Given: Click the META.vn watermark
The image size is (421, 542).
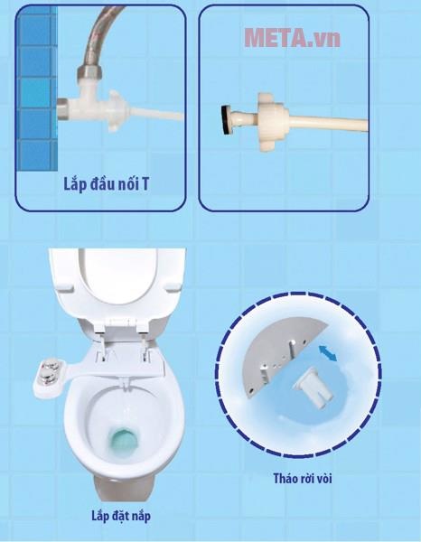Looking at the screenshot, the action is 293,38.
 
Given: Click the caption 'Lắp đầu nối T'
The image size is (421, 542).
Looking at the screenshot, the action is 106,184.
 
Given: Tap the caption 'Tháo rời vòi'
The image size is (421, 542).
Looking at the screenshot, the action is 303,479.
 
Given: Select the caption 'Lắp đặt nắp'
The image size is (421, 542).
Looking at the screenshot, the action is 121,516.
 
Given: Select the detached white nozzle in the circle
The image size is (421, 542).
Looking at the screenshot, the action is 313,388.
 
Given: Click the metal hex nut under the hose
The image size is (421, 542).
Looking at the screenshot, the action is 89,72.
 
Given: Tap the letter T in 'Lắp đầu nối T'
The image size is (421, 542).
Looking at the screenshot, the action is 145,184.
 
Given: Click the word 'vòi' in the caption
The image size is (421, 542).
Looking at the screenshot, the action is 323,479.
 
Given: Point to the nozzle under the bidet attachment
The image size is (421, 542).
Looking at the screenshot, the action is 125,382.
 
